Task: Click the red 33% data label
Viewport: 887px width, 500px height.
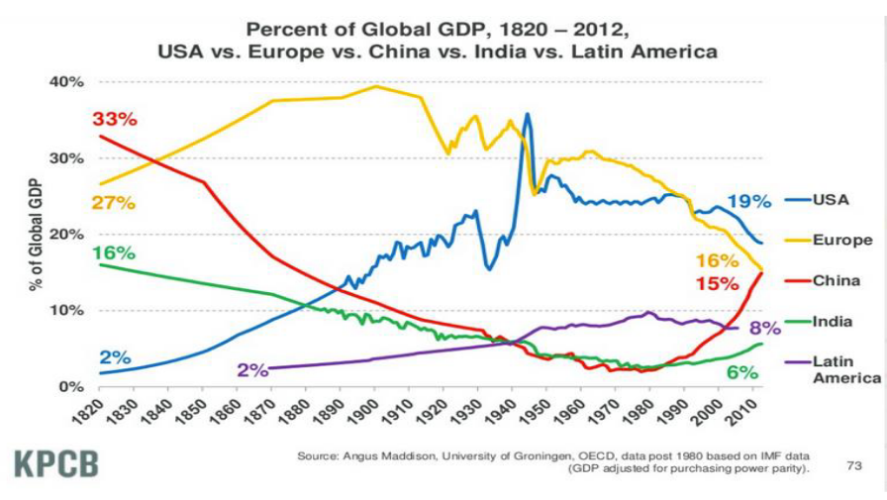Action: coord(115,119)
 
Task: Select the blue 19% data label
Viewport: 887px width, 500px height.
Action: coord(748,202)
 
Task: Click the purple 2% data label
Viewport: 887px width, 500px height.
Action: coord(252,369)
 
